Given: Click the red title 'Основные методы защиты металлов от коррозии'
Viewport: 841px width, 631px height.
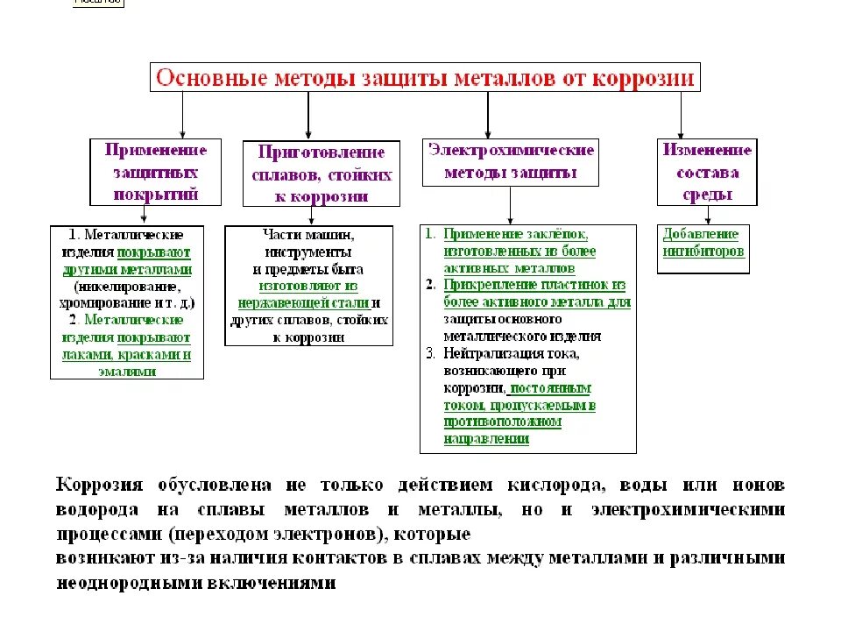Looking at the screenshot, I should (424, 77).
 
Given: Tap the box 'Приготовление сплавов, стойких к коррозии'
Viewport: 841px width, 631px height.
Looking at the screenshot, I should (321, 174).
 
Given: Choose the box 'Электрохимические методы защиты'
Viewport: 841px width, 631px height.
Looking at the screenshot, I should (511, 162).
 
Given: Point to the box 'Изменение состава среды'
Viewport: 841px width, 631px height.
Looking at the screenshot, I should (707, 172).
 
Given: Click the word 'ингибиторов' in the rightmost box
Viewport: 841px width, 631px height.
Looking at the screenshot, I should (703, 252).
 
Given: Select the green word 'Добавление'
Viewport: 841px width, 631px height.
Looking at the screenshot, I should (701, 235).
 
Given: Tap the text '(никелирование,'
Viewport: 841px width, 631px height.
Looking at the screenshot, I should (128, 287).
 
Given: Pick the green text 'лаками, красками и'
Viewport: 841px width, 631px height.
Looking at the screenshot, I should (127, 355).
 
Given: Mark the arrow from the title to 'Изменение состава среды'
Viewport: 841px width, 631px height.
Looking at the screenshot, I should (681, 114).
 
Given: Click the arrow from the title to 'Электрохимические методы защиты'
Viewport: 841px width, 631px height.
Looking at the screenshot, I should (488, 114).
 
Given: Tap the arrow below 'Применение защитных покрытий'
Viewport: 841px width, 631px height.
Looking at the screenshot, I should (146, 216).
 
